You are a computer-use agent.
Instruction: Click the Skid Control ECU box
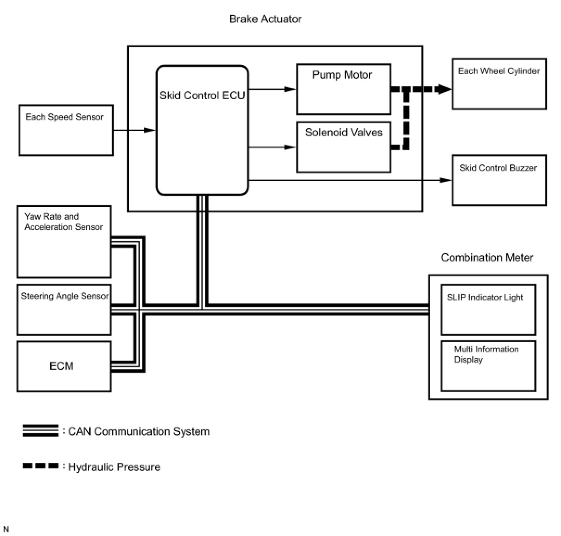tap(202, 130)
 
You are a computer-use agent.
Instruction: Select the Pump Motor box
tap(344, 89)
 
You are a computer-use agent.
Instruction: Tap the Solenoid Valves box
tap(344, 147)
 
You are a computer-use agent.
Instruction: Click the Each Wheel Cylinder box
tap(499, 84)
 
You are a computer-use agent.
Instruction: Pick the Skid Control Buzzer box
tap(499, 180)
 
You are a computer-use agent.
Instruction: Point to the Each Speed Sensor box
tap(66, 130)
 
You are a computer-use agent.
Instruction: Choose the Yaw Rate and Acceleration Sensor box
tap(64, 242)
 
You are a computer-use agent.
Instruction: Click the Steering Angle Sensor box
tap(64, 309)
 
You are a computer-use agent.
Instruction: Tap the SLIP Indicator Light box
tap(488, 309)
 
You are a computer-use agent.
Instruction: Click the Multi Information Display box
tap(488, 366)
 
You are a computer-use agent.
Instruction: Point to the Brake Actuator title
tap(265, 19)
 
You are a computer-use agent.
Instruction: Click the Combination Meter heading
tap(487, 258)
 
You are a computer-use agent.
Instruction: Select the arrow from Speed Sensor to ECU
tap(134, 130)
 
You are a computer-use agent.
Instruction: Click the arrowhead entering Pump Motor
tap(290, 89)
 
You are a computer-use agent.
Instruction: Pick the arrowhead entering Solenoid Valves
tap(290, 147)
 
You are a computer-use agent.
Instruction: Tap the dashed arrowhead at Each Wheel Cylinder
tap(444, 89)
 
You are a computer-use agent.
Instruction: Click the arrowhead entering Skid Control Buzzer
tap(446, 180)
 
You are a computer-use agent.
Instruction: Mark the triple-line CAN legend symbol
tap(41, 431)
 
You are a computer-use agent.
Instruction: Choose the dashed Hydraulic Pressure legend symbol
tap(41, 466)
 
